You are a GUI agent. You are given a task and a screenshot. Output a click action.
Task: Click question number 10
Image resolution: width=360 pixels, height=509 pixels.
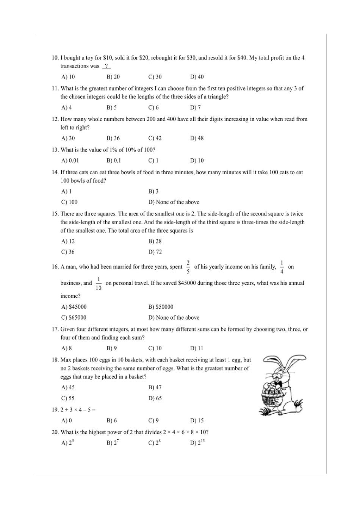pos(55,58)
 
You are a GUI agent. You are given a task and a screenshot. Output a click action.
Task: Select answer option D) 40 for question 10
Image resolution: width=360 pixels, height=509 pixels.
pos(197,77)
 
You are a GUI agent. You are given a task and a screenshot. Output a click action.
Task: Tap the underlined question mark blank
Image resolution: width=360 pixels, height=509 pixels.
pos(106,66)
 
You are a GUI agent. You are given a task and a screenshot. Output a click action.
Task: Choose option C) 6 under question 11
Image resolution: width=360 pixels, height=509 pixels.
pos(153,108)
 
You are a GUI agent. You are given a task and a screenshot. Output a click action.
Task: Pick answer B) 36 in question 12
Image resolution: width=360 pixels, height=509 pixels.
pos(113,138)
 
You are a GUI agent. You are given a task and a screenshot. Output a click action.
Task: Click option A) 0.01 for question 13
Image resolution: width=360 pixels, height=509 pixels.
pos(70,161)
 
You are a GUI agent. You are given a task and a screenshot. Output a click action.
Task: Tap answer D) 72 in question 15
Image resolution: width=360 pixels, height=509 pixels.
pos(155,252)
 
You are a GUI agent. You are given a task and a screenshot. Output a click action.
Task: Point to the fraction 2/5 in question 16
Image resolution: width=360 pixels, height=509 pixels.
pos(188,267)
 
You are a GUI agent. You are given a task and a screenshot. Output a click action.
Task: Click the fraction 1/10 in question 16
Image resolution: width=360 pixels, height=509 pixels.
pos(99,283)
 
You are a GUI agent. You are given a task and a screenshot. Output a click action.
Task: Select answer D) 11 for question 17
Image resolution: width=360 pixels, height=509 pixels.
pos(197,348)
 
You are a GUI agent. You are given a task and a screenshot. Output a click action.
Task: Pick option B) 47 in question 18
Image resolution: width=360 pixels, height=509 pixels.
pos(155,387)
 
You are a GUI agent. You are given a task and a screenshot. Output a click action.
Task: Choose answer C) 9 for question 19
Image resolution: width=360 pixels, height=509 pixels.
pos(153,420)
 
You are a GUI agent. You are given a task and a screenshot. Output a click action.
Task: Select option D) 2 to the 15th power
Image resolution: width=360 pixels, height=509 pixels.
pos(197,442)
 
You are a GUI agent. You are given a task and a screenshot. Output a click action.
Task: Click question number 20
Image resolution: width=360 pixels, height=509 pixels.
pos(55,432)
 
